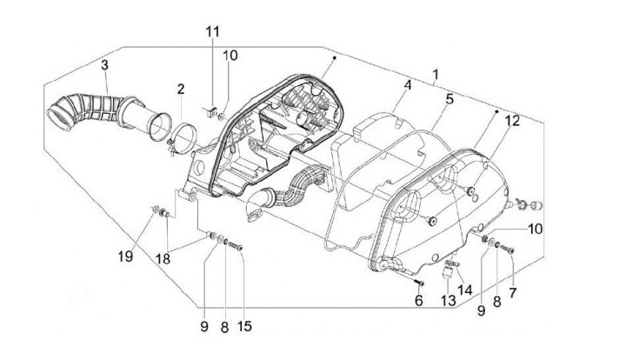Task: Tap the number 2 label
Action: pos(181,89)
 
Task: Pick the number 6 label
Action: pos(418,301)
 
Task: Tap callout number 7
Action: pos(512,293)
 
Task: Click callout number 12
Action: pos(512,121)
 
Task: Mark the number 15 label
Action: pos(244,327)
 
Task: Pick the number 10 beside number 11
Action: pos(230,56)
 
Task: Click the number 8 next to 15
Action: pos(225,327)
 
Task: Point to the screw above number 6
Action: pos(419,282)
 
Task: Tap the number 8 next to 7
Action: pos(496,301)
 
